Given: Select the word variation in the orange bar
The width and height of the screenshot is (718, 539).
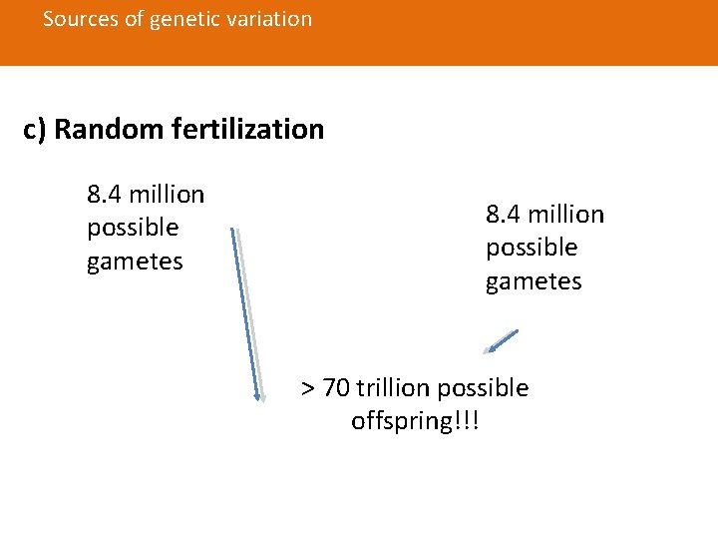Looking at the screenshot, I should (x=266, y=19).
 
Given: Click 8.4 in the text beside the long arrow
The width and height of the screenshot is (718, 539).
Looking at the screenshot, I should (x=104, y=194).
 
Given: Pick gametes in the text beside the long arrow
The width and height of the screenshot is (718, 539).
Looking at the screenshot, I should (x=135, y=262).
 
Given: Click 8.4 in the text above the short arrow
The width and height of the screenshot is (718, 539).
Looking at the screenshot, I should (x=503, y=215).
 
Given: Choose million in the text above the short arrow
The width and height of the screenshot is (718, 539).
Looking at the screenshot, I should (x=564, y=215).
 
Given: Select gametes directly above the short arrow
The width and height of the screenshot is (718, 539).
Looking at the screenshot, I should (x=534, y=282).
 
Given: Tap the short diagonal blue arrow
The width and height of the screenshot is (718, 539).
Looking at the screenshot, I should (x=501, y=341).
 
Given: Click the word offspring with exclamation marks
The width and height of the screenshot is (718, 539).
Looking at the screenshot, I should (x=415, y=421).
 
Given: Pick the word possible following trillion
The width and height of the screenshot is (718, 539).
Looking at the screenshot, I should (x=483, y=387).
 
